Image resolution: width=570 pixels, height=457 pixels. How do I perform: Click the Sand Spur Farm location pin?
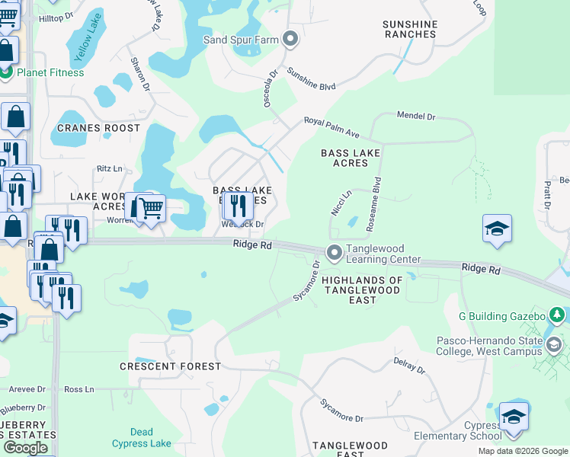click(x=290, y=39)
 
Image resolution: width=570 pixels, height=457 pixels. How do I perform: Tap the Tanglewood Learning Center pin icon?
click(x=334, y=252)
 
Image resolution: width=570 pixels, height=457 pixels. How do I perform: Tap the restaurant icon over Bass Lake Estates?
click(x=239, y=205)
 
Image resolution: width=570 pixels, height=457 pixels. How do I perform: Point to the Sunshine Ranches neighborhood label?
click(x=410, y=30)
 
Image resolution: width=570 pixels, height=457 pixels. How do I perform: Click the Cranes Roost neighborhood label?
click(x=99, y=128)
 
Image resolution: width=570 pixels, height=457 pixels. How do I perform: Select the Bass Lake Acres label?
click(x=344, y=158)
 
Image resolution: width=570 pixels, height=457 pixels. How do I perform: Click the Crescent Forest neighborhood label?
click(x=170, y=366)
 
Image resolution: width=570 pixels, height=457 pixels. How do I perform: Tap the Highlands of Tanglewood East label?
click(x=362, y=290)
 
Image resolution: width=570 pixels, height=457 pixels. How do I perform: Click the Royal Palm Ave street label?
click(x=331, y=127)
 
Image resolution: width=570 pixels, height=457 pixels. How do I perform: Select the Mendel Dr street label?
click(x=415, y=117)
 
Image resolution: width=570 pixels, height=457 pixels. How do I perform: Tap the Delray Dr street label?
click(x=408, y=366)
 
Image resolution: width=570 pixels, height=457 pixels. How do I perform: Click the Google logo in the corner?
click(x=25, y=447)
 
